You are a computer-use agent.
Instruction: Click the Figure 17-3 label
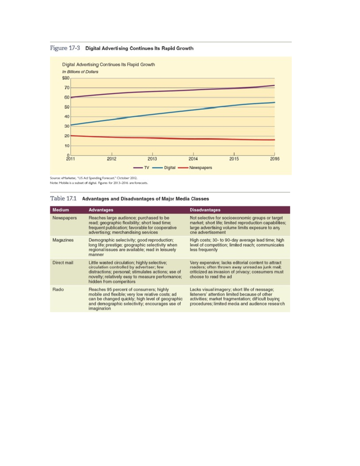click(65, 48)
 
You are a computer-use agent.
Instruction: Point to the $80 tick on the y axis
click(66, 78)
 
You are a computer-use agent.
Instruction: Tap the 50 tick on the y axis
click(67, 107)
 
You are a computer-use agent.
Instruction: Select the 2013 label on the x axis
click(152, 159)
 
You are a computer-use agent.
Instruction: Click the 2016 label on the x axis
click(274, 159)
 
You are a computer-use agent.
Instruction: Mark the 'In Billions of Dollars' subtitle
click(80, 72)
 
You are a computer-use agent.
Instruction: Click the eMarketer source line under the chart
click(94, 178)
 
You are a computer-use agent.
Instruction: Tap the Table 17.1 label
click(63, 198)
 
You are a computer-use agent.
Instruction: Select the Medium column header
click(61, 210)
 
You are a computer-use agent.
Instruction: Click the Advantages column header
click(101, 210)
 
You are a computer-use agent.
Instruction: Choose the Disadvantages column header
click(205, 210)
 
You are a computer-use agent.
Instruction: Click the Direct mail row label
click(63, 263)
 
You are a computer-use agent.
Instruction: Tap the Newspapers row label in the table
click(64, 218)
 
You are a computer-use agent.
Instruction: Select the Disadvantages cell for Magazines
click(237, 245)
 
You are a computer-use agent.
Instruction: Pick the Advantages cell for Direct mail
click(135, 272)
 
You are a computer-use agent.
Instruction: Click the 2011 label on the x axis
click(70, 159)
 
